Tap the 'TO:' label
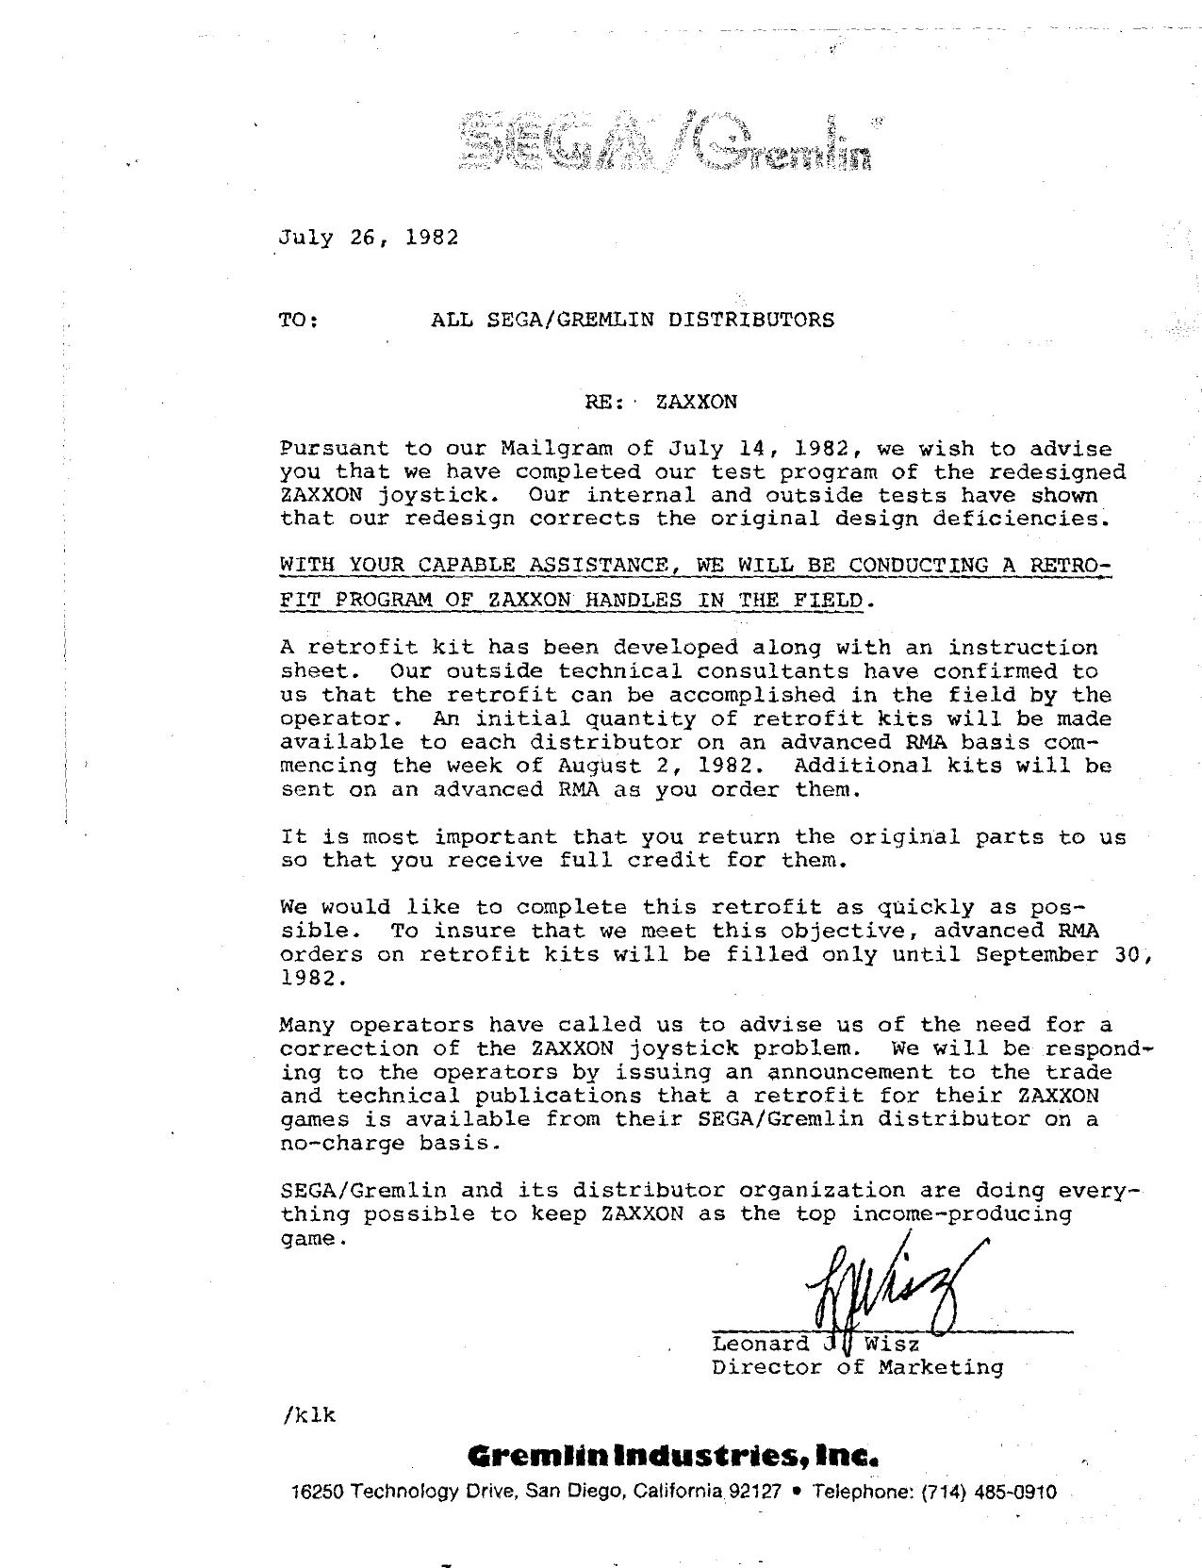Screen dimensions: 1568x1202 (298, 321)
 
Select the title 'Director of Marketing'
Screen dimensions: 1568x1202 (857, 1367)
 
